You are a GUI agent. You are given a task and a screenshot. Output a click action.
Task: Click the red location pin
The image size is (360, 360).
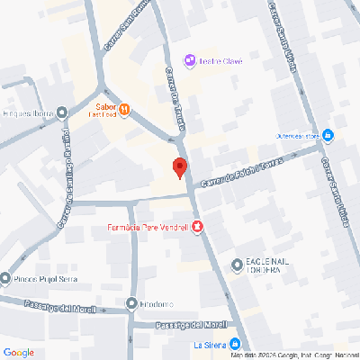click(x=179, y=167)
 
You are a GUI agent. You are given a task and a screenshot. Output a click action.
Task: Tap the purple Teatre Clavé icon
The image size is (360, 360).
click(x=189, y=60)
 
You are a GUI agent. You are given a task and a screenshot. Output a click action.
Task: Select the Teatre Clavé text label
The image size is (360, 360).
click(x=220, y=60)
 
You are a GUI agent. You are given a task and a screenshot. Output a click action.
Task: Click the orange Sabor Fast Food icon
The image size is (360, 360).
click(x=125, y=109)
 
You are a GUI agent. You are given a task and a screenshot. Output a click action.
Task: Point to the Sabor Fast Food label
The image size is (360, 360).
click(x=101, y=109)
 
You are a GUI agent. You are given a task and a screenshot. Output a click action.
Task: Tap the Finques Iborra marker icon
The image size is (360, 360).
click(x=61, y=112)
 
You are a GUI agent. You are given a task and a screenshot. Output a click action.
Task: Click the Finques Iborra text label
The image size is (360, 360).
click(x=27, y=113)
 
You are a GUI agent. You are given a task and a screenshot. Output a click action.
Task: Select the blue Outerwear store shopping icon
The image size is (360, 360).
click(x=328, y=136)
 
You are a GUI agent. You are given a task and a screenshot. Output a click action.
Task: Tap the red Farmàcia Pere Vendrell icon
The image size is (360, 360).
click(x=197, y=226)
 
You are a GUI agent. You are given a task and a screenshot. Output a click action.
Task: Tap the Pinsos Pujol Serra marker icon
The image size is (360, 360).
click(x=6, y=278)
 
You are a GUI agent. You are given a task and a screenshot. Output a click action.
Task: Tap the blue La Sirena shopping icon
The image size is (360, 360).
click(x=235, y=344)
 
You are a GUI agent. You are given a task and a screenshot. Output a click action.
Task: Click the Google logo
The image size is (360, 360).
click(x=18, y=352)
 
